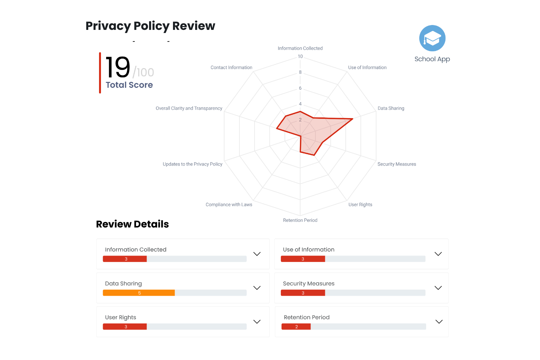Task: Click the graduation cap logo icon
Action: [432, 38]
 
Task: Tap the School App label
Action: [432, 59]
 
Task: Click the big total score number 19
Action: [118, 67]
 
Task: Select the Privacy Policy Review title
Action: [150, 26]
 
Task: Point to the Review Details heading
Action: [132, 224]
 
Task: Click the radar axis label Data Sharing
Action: [391, 108]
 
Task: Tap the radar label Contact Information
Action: [231, 67]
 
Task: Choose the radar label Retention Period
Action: [300, 220]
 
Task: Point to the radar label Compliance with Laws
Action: [229, 205]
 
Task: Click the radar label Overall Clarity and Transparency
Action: [189, 108]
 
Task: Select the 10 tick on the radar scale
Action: [300, 57]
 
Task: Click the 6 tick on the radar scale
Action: [300, 88]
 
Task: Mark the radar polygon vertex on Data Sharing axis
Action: [352, 119]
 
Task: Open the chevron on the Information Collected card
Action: [257, 254]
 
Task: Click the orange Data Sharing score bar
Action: [139, 293]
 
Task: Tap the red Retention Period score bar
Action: [296, 327]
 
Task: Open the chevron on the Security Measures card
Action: [438, 288]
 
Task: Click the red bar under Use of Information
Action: [303, 259]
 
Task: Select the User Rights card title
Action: [121, 317]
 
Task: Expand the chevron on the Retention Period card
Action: [439, 322]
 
